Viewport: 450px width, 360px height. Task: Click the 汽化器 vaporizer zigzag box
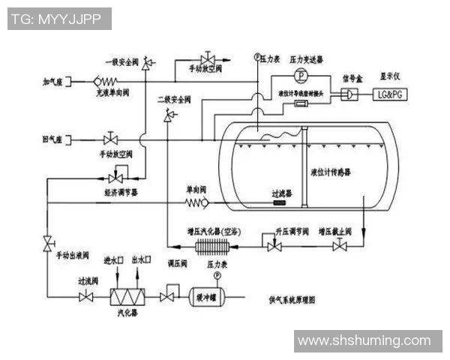pos(126,297)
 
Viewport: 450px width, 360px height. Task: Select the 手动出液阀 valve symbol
pos(48,243)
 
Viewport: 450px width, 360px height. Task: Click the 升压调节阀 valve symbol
pos(269,241)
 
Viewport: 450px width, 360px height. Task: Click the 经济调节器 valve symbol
pos(115,178)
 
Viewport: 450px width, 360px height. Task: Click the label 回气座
pos(55,139)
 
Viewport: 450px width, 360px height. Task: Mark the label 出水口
pos(142,259)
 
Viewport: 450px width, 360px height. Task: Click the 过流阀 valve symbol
pos(85,298)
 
